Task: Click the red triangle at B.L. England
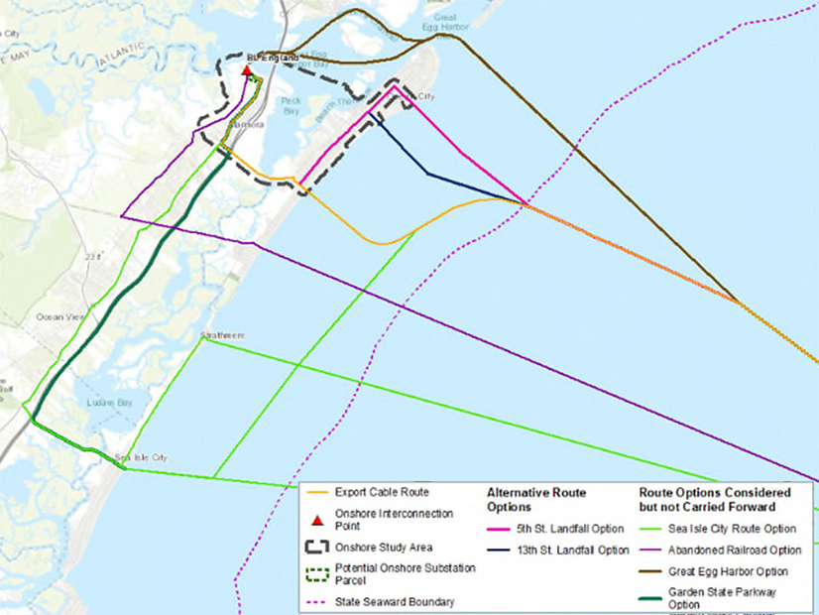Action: pos(246,69)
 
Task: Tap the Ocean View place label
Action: pos(57,316)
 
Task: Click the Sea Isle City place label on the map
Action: pos(141,457)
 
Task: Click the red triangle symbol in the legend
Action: pos(316,520)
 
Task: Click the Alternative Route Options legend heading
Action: pos(536,499)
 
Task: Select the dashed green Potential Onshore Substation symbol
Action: pos(316,573)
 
